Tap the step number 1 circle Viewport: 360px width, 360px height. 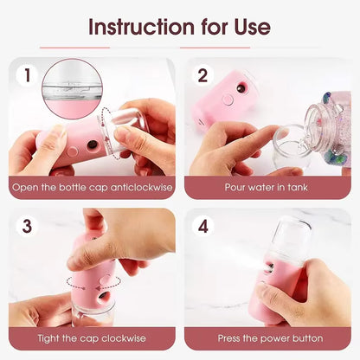[x=28, y=75]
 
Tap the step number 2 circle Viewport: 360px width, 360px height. [x=203, y=75]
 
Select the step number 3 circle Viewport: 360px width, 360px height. [x=28, y=226]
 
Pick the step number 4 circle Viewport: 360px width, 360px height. [x=203, y=226]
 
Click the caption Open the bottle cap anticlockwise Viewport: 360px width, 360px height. [x=92, y=187]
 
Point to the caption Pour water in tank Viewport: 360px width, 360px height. [x=267, y=187]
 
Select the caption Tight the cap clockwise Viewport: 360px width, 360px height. [x=92, y=337]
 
